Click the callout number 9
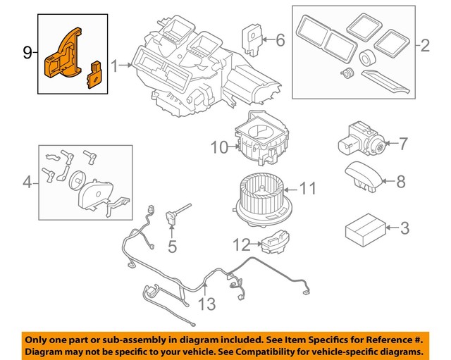[27, 52]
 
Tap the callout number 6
[280, 41]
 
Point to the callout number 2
[424, 46]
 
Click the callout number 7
[402, 144]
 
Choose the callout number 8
[401, 182]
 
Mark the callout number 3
[404, 228]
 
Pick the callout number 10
[219, 147]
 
